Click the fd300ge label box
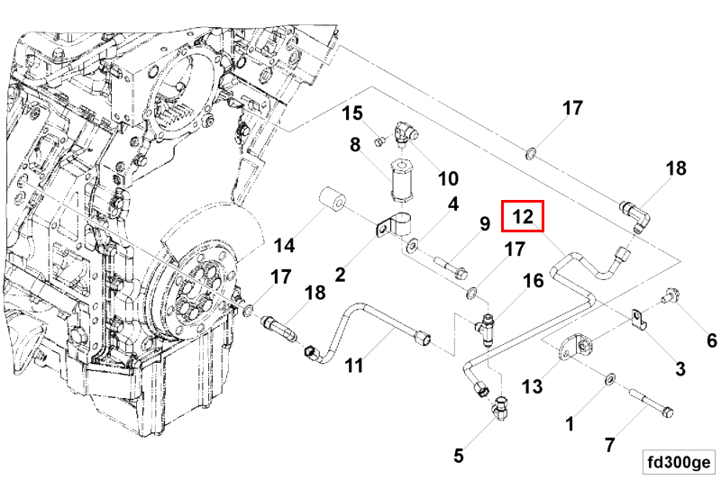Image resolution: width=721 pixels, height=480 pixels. point(680,462)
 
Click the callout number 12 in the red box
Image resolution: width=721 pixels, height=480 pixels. point(523,216)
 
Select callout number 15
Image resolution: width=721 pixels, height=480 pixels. point(352,113)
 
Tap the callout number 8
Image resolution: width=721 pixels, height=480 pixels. point(355,145)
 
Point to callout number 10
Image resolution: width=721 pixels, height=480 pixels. point(448,178)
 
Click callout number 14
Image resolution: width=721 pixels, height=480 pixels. point(284,245)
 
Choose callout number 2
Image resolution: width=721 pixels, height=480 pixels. point(340,275)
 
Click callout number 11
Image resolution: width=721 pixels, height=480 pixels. point(354,366)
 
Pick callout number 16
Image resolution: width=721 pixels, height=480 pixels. point(534,281)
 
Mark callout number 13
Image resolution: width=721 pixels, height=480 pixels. point(532,386)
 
